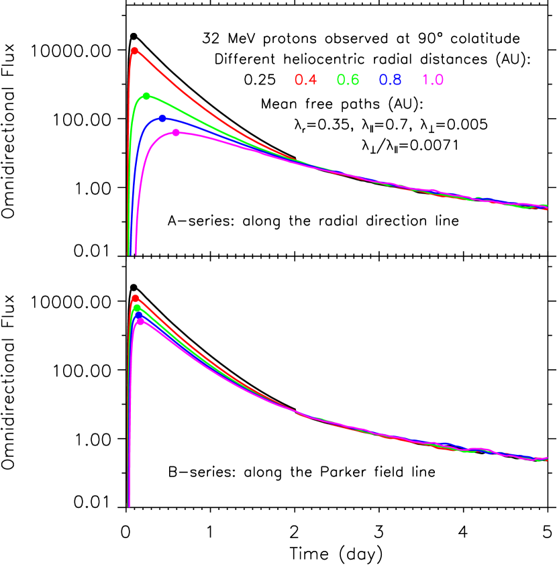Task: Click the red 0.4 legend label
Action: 305,80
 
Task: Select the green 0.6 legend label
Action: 348,80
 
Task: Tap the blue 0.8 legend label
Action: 390,80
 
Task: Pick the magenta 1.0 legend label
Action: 433,80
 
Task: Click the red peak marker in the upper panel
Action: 134,50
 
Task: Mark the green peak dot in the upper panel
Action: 146,96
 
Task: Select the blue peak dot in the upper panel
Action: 162,119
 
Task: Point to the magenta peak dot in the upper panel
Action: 176,133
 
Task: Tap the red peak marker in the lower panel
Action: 135,298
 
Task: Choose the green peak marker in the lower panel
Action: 137,308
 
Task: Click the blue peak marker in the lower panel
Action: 138,315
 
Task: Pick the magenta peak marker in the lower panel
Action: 140,321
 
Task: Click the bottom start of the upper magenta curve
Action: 136,253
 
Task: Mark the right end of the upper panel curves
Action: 546,207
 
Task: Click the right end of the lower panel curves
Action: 546,459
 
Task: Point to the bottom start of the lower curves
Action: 128,505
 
